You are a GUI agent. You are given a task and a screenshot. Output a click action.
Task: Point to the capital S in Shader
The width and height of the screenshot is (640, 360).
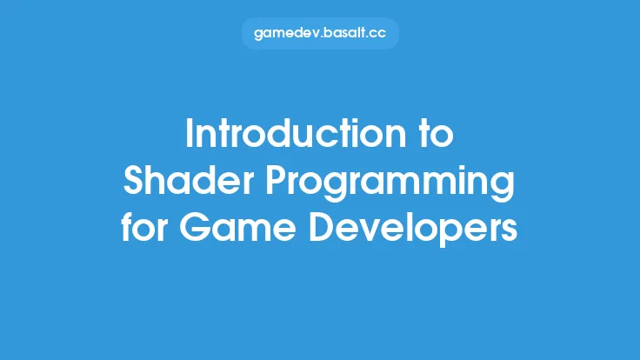coord(134,182)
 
